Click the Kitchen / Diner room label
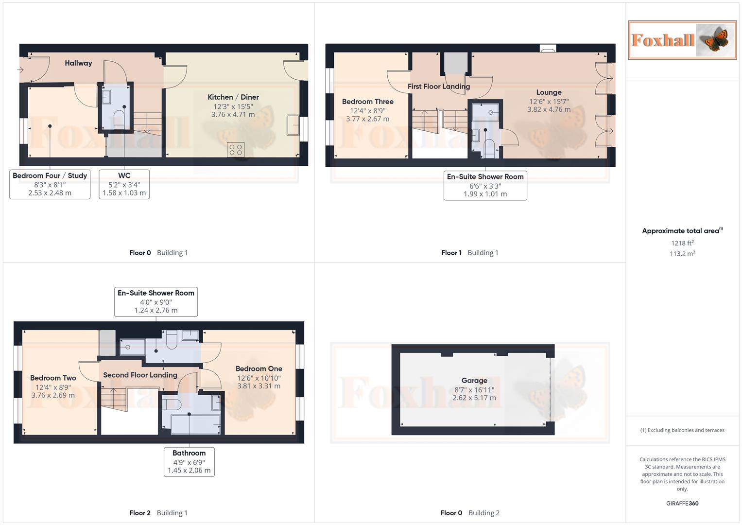(233, 97)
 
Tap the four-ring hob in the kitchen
(236, 150)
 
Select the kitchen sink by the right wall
(293, 124)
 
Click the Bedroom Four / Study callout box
(50, 184)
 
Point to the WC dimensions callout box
(124, 184)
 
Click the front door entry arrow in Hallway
(20, 70)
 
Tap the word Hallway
(78, 63)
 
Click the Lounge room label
(549, 92)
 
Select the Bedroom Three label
(367, 102)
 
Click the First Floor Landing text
(438, 87)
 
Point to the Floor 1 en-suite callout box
(485, 185)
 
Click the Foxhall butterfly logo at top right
(682, 40)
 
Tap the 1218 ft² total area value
(682, 243)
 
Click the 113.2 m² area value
(682, 254)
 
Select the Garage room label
(474, 381)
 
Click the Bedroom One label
(259, 369)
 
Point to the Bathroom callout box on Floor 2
(189, 461)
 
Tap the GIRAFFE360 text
(682, 504)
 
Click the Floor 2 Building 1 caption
(158, 513)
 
